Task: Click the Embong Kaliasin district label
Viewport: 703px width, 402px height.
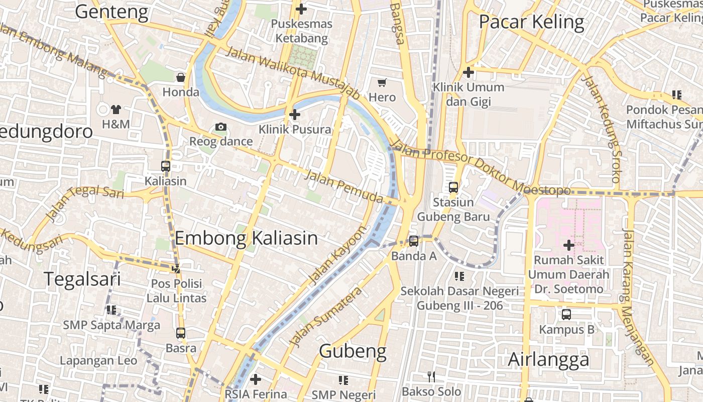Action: click(246, 238)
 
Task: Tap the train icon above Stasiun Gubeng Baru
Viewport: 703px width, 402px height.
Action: click(453, 187)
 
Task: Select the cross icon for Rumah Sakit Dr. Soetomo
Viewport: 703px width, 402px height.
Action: click(568, 245)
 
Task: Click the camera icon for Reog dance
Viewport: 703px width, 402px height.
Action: click(221, 127)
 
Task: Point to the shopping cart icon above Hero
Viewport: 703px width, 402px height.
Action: click(382, 82)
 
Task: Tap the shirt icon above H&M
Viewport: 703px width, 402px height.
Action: click(116, 109)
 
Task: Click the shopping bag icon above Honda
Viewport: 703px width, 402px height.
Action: click(181, 77)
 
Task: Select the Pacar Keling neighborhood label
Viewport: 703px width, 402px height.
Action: click(531, 22)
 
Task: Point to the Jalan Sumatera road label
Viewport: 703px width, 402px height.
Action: click(326, 317)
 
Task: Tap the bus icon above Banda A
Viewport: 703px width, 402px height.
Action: click(413, 241)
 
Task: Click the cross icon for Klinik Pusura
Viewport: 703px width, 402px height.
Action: click(295, 115)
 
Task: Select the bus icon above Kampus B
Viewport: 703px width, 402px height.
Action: click(566, 315)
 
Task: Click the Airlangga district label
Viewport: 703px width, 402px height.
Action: click(548, 360)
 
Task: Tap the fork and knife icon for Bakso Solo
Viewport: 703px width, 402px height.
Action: click(431, 377)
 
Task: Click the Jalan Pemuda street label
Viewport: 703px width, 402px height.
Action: click(343, 186)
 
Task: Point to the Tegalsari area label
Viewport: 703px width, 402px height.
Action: click(82, 279)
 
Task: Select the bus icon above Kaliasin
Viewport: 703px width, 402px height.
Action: click(165, 166)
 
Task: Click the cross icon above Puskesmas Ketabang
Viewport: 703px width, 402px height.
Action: click(301, 9)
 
